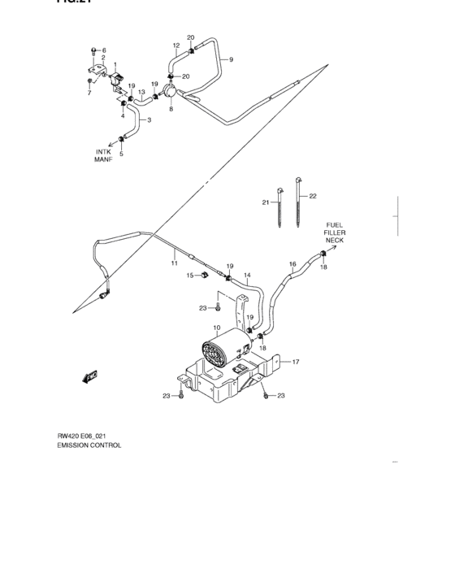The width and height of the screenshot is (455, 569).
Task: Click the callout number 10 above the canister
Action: click(217, 329)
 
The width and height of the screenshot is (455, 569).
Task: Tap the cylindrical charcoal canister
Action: click(221, 354)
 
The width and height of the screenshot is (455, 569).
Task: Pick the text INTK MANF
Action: click(103, 155)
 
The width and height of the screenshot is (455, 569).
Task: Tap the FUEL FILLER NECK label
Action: click(335, 232)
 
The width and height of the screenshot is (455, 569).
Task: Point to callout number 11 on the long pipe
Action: click(174, 264)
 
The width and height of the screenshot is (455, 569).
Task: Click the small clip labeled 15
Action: click(202, 276)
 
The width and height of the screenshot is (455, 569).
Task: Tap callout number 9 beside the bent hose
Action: click(230, 60)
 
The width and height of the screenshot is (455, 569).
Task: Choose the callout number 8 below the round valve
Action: click(171, 107)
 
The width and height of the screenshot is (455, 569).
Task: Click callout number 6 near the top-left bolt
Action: click(104, 50)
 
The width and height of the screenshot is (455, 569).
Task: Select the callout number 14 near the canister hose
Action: click(247, 276)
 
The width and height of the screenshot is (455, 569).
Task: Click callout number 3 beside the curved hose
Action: click(149, 120)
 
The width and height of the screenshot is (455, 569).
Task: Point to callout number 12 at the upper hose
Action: click(175, 46)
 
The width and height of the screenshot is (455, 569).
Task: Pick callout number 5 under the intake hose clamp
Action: click(122, 154)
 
